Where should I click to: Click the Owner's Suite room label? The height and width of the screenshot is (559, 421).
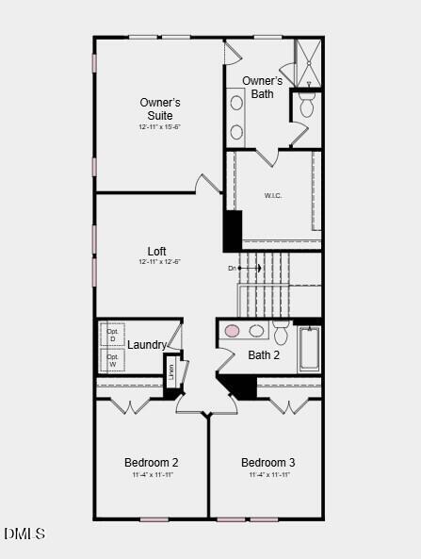click(160, 108)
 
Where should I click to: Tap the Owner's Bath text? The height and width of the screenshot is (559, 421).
click(262, 87)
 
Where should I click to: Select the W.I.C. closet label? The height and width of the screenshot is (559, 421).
click(273, 196)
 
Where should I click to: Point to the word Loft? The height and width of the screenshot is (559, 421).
click(156, 251)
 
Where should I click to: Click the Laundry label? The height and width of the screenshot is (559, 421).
click(147, 345)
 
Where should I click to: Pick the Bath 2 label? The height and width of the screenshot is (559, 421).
click(264, 355)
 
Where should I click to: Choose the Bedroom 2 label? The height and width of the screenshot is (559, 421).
click(152, 462)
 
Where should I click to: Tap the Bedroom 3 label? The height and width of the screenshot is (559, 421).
click(268, 462)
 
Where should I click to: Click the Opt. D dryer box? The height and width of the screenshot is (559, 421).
click(113, 335)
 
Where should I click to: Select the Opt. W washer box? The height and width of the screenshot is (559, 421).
click(113, 361)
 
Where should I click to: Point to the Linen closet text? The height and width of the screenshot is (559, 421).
click(171, 371)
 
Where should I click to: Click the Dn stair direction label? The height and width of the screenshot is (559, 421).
click(232, 269)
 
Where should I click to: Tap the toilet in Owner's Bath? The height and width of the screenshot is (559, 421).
click(306, 105)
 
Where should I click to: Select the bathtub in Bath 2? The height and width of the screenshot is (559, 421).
click(309, 350)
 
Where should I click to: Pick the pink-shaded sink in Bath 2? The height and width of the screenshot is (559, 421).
click(232, 331)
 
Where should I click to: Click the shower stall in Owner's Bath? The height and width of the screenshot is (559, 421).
click(308, 62)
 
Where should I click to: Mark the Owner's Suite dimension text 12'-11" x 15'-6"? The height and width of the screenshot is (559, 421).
click(159, 126)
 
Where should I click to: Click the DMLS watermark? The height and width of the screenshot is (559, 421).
click(24, 534)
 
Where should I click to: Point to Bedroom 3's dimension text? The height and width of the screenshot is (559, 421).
click(268, 475)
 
